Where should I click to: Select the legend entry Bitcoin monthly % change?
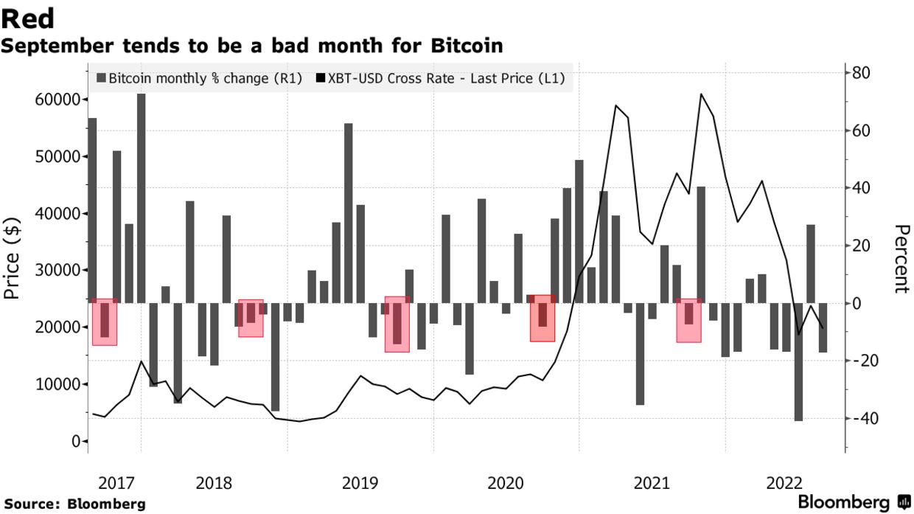point(199,78)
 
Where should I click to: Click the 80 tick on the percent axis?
point(861,72)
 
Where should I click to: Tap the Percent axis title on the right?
point(900,259)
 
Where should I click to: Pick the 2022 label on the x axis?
point(784,484)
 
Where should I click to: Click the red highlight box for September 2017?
point(105,322)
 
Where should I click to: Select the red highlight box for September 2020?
point(543,318)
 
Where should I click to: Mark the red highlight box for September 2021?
point(688,320)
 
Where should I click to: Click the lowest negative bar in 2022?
point(798,361)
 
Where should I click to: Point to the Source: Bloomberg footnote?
point(74,504)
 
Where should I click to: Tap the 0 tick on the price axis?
point(74,441)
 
